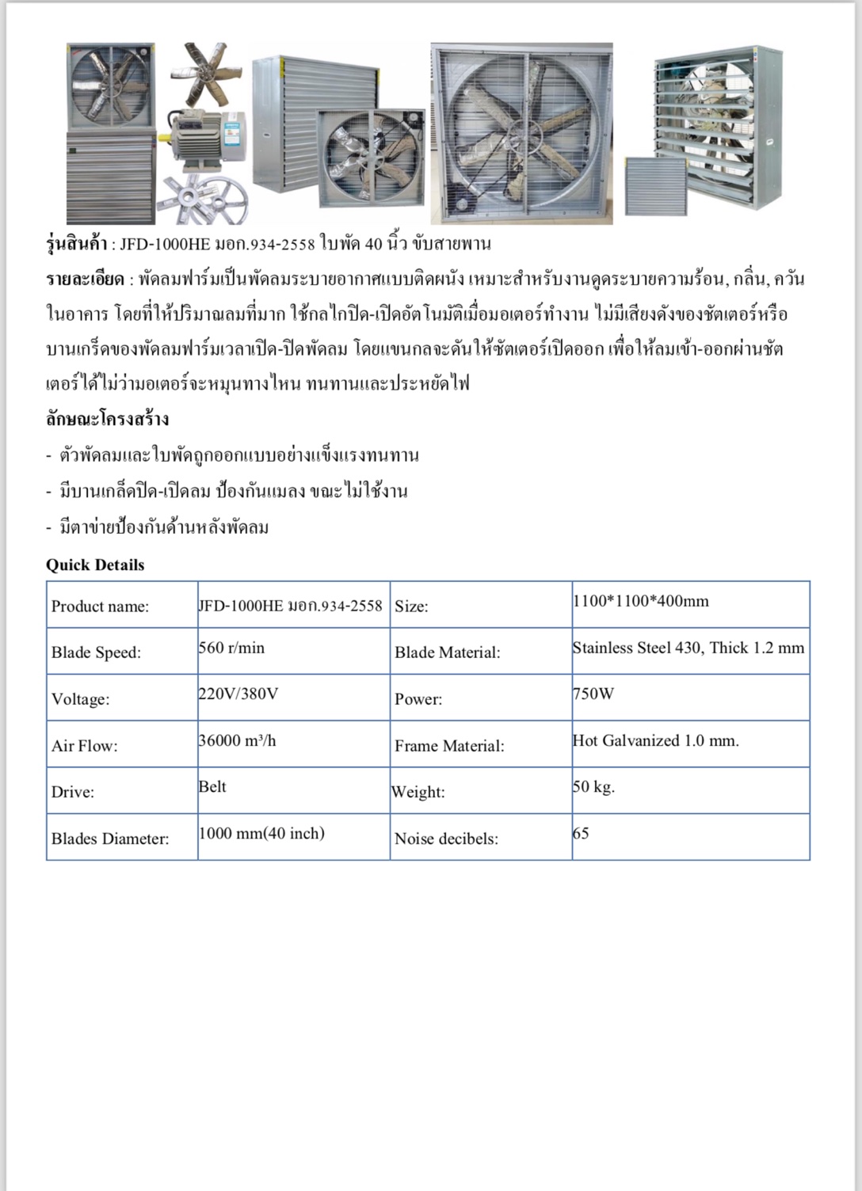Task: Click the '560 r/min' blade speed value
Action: click(x=231, y=648)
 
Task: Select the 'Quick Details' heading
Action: click(x=95, y=565)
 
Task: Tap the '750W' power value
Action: click(x=593, y=694)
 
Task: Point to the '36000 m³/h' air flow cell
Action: click(x=237, y=740)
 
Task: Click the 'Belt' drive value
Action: click(x=212, y=786)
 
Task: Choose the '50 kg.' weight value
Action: click(x=593, y=786)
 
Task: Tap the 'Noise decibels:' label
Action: click(x=446, y=839)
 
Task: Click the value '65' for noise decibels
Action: click(x=581, y=833)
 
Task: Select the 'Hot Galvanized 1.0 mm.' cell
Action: click(x=655, y=740)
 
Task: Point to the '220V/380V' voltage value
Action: click(x=238, y=694)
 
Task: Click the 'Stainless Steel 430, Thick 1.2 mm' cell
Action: click(x=688, y=648)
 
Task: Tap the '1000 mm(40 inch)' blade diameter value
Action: click(x=261, y=833)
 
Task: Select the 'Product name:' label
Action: click(x=100, y=607)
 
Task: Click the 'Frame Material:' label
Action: click(x=449, y=746)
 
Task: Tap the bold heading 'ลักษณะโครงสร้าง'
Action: click(x=107, y=419)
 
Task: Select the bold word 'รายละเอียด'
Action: click(x=85, y=280)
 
